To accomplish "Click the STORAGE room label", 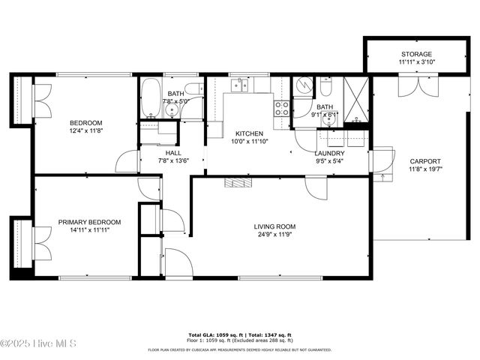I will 416,55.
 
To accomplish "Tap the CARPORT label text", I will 424,161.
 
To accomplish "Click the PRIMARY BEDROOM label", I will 89,222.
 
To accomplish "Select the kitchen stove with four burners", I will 282,108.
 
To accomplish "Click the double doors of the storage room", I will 416,86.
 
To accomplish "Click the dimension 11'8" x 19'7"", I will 424,169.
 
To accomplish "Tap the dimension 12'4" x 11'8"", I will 86,130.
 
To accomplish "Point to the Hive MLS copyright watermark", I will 39,343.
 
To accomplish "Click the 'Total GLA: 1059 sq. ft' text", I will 214,334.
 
